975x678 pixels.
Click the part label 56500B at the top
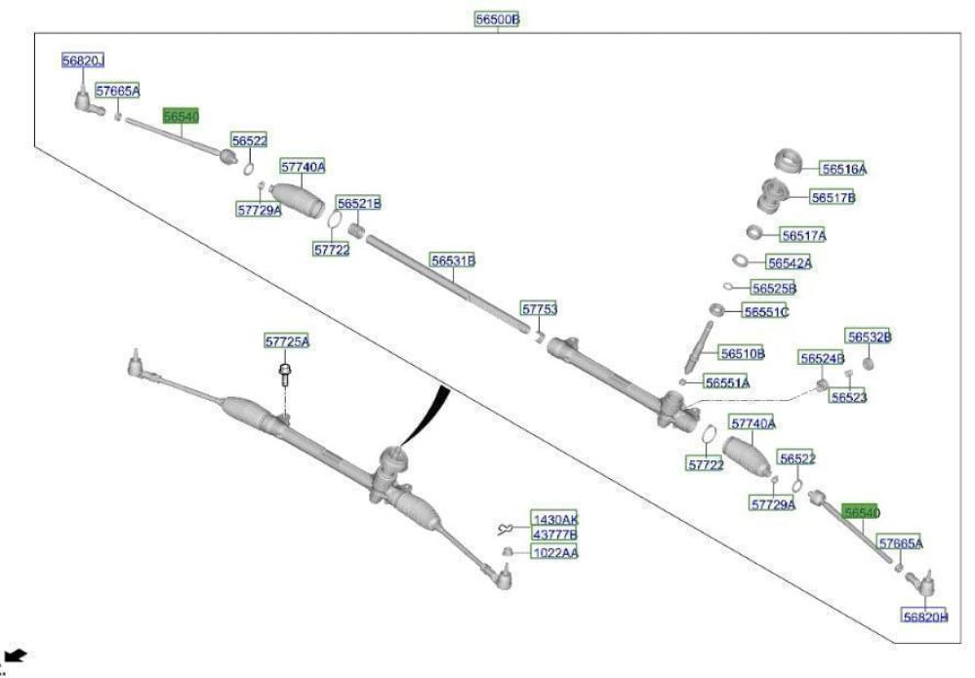(x=496, y=20)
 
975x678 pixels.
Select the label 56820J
(x=84, y=62)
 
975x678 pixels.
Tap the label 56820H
(x=924, y=616)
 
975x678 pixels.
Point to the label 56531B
(x=453, y=260)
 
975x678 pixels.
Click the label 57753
(x=539, y=308)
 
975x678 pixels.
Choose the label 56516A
(x=843, y=169)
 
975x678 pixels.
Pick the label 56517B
(x=833, y=198)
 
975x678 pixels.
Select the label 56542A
(x=790, y=262)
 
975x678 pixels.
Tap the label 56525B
(x=773, y=288)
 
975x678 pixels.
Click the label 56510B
(x=742, y=353)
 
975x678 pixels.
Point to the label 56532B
(x=869, y=338)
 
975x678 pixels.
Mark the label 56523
(x=848, y=397)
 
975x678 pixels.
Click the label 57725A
(x=286, y=341)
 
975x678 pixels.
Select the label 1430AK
(x=554, y=519)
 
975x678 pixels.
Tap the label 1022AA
(x=554, y=553)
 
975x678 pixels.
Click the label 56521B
(x=358, y=204)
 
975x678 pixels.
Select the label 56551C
(x=765, y=312)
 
